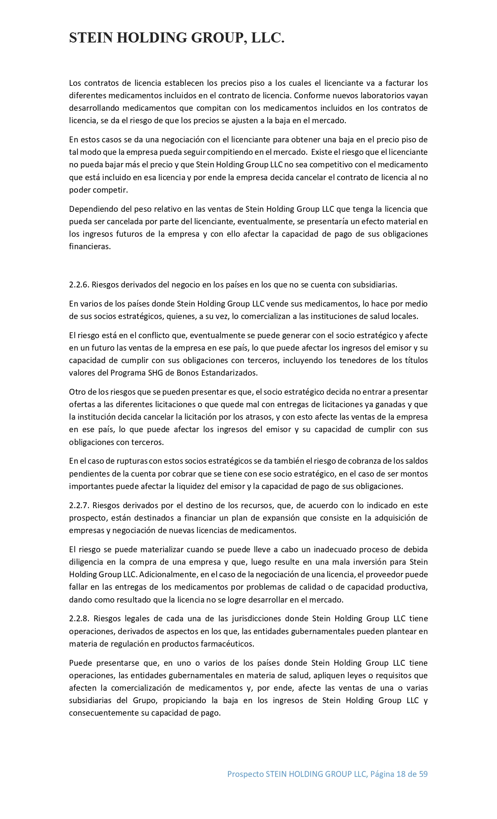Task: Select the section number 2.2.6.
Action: [x=79, y=285]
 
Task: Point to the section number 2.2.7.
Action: [x=79, y=505]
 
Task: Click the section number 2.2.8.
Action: [x=79, y=619]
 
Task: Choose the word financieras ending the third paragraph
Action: [x=90, y=246]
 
